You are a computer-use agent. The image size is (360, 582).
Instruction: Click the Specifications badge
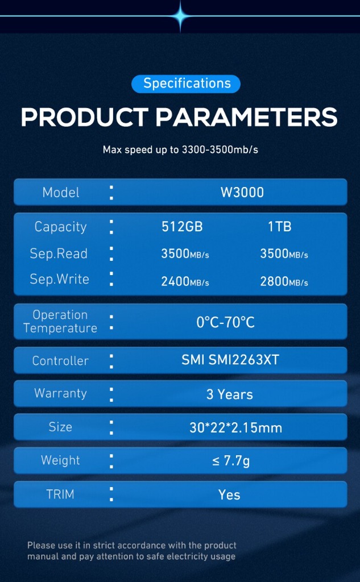coord(186,84)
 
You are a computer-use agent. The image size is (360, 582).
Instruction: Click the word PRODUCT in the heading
coord(85,117)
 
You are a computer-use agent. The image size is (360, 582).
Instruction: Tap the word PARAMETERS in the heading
coord(247,117)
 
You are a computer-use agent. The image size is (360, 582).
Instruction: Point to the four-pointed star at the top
coord(180,16)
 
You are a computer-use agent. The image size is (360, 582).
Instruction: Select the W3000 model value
coord(242,192)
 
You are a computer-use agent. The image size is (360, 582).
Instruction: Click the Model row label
coord(61,192)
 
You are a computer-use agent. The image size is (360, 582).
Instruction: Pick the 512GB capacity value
coord(182,227)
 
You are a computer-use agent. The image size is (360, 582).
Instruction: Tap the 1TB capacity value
coord(280,227)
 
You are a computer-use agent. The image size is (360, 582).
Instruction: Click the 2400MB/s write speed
coord(185,282)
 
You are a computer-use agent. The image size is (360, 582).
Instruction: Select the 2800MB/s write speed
coord(284,282)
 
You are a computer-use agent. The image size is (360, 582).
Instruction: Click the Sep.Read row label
coord(59,254)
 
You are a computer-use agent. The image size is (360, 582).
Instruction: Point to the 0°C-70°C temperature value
coord(226,323)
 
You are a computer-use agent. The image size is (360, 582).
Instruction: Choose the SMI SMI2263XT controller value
coord(230,360)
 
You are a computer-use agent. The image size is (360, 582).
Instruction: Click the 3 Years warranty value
coord(230,394)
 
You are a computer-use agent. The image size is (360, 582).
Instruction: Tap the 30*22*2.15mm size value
coord(236,428)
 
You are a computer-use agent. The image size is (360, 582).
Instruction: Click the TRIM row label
coord(60,494)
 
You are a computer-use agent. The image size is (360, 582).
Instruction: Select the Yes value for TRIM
coord(229,495)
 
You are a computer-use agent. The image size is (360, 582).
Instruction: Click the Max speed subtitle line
coord(180,150)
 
